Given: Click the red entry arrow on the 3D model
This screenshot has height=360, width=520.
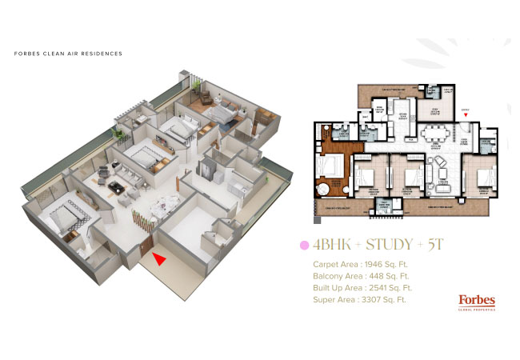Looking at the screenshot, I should point(161,258).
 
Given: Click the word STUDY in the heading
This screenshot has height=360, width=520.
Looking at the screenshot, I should point(380,244).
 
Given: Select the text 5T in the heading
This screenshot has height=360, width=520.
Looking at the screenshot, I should point(435,244).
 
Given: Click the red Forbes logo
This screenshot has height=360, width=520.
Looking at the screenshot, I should point(477,300).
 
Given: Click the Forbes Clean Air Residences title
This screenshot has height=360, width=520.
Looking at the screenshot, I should point(68,54).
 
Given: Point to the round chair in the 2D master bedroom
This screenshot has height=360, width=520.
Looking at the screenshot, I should point(326,190).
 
